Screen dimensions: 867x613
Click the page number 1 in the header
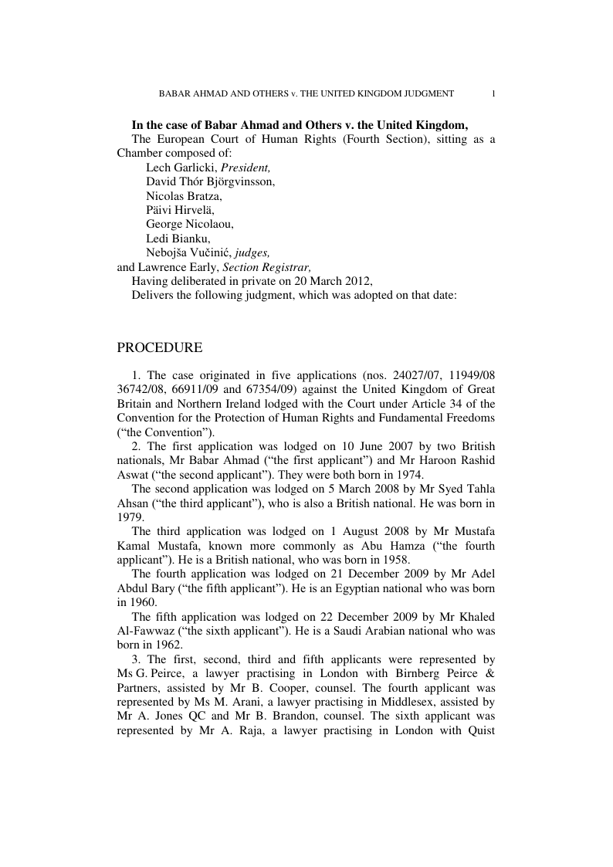(493, 93)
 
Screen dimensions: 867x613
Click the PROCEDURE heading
(160, 348)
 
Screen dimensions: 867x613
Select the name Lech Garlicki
(181, 167)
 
